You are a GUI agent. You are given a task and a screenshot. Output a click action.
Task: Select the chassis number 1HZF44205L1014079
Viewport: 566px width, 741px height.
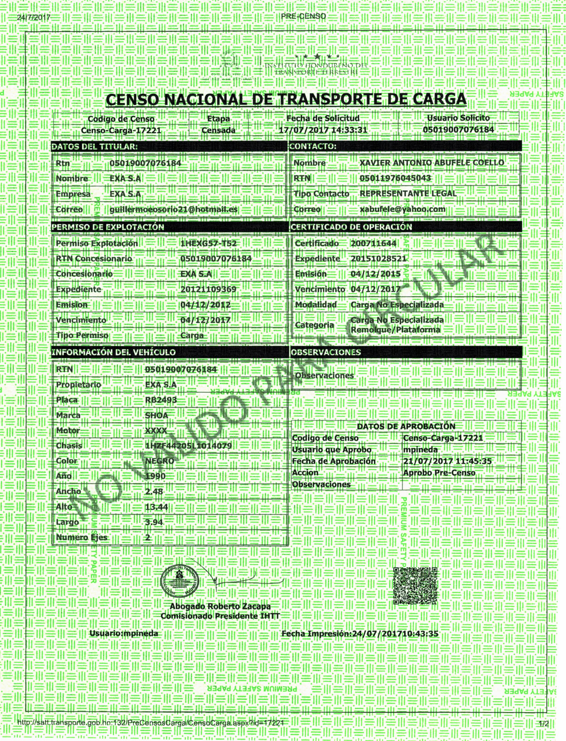(x=188, y=446)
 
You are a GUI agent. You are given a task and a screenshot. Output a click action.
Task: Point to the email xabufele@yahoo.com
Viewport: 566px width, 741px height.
(x=402, y=209)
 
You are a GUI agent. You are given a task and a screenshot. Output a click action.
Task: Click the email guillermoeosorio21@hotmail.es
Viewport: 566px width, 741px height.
(x=173, y=209)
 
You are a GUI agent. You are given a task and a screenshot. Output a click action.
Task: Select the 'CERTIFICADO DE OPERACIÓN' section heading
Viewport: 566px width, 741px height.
(x=351, y=227)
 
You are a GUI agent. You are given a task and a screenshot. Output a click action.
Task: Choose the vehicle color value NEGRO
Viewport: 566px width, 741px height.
(x=160, y=461)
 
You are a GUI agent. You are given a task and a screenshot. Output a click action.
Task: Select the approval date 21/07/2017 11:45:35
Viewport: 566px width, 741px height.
(x=447, y=461)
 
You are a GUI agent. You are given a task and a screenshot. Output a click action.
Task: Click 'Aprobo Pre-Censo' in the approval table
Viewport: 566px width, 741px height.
(x=439, y=473)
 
